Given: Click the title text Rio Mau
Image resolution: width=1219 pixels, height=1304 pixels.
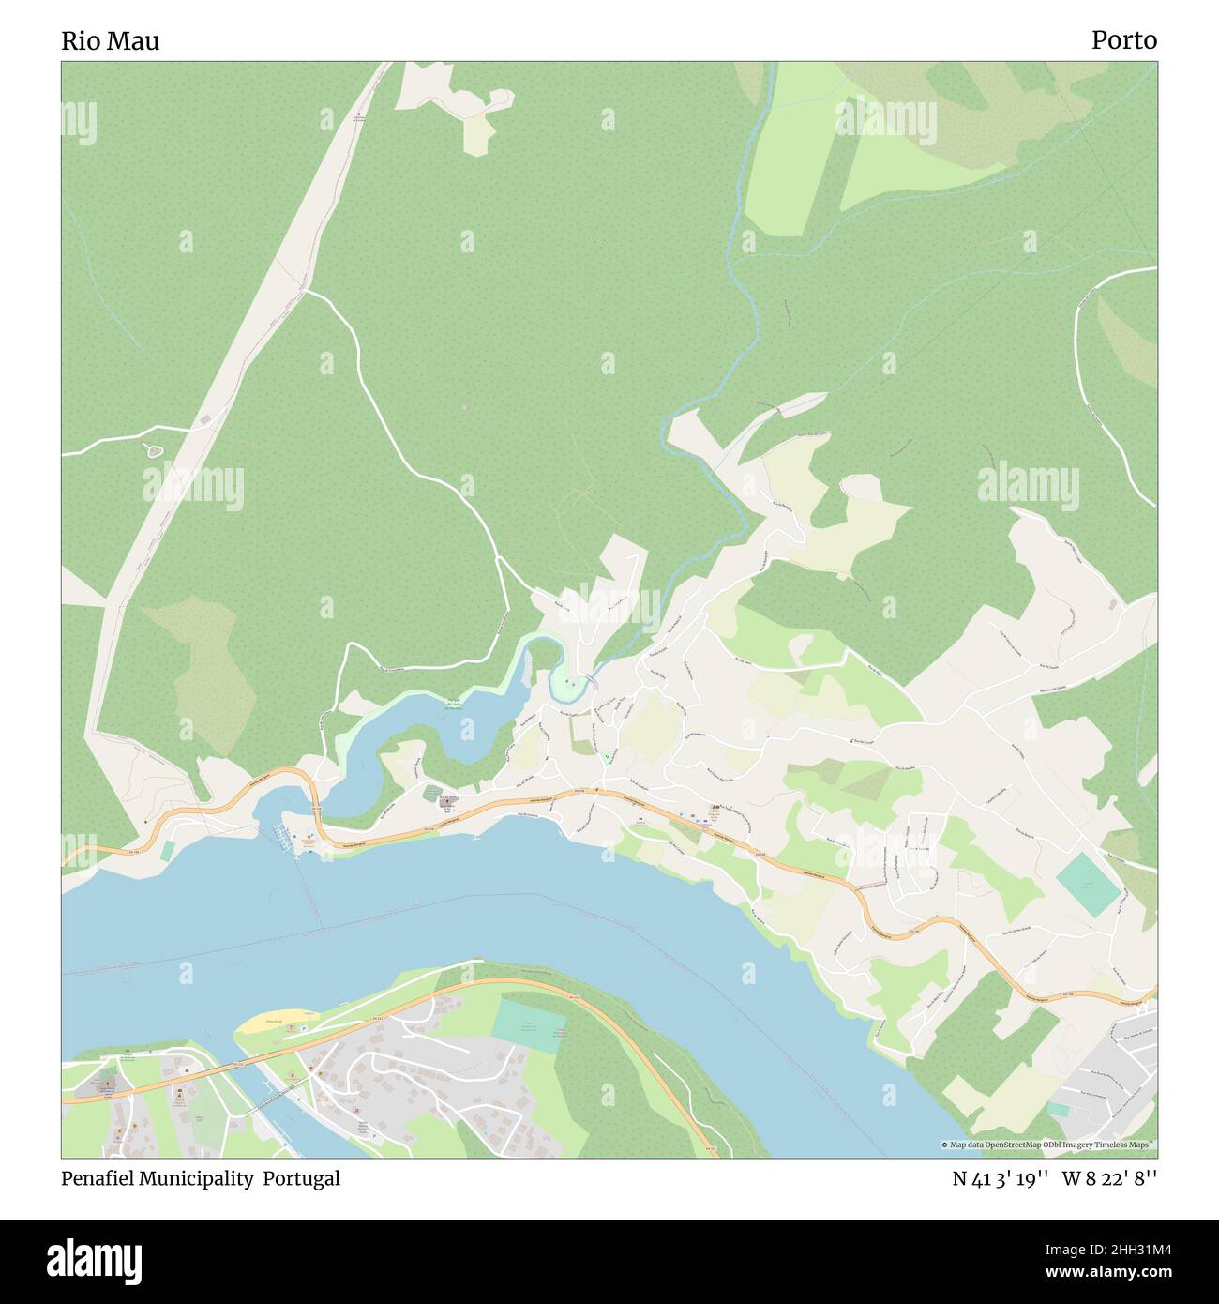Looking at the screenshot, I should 110,40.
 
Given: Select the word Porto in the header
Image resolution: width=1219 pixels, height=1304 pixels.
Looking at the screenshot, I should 1123,39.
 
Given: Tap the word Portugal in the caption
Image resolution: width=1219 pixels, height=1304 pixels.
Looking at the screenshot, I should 301,1178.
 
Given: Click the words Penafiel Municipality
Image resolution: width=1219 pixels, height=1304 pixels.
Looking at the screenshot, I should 159,1178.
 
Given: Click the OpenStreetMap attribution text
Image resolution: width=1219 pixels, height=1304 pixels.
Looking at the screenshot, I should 1048,1145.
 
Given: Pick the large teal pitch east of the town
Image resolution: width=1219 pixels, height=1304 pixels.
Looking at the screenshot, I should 1088,885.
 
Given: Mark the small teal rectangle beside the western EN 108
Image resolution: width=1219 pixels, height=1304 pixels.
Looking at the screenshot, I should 166,851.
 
